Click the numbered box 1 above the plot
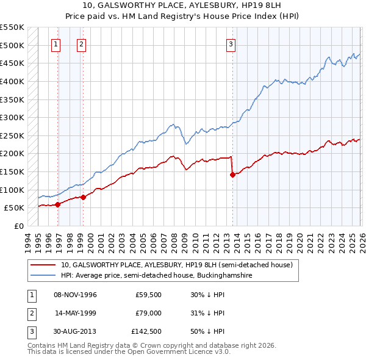(x=56, y=44)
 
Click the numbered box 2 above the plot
(x=82, y=44)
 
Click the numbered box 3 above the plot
(x=231, y=44)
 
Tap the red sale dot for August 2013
(x=232, y=175)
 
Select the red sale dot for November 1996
(x=58, y=204)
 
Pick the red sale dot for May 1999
(x=84, y=197)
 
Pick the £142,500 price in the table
(x=146, y=331)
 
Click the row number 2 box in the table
(x=30, y=313)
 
